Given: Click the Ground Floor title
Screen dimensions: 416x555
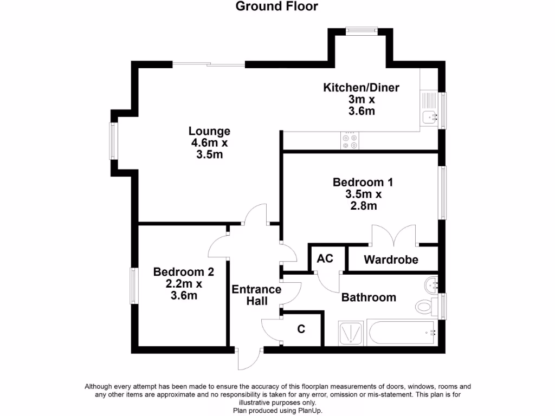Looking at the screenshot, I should pos(277,6).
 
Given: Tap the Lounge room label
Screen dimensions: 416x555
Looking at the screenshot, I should pos(209,142).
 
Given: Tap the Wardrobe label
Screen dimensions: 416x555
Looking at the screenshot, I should pos(391,259).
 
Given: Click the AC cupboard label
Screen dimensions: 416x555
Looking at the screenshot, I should pos(325,258).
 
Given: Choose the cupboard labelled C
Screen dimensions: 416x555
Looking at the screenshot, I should pos(301,328).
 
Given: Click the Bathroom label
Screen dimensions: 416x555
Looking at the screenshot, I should pos(368,297).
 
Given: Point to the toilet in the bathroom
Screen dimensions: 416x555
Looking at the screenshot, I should pos(426,307).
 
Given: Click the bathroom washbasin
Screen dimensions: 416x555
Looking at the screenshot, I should pos(431,283).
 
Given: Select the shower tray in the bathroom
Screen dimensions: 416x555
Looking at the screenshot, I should pos(351,333).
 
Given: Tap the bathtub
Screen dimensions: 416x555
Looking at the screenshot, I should pos(402,333).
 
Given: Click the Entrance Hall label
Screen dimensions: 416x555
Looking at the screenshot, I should pos(256,295).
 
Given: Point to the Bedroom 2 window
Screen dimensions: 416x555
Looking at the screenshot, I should pos(132,285).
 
